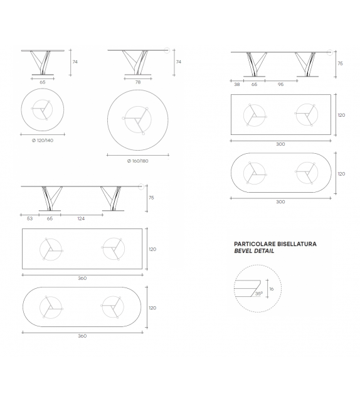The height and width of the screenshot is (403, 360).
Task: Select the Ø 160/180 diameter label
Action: click(137, 161)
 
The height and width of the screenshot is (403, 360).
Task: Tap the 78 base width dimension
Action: click(138, 82)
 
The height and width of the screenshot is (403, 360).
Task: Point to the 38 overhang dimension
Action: click(238, 83)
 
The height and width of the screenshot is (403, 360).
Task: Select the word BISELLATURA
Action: click(296, 243)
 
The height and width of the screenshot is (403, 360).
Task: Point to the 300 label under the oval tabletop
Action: click(280, 201)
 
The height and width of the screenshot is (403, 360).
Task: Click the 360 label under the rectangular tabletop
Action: click(82, 277)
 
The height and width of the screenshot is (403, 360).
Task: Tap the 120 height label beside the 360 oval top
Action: click(152, 308)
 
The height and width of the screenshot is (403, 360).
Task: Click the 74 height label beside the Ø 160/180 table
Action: click(179, 62)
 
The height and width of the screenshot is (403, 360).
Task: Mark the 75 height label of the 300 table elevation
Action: click(341, 63)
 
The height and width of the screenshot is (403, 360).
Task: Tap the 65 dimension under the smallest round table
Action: click(43, 82)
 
